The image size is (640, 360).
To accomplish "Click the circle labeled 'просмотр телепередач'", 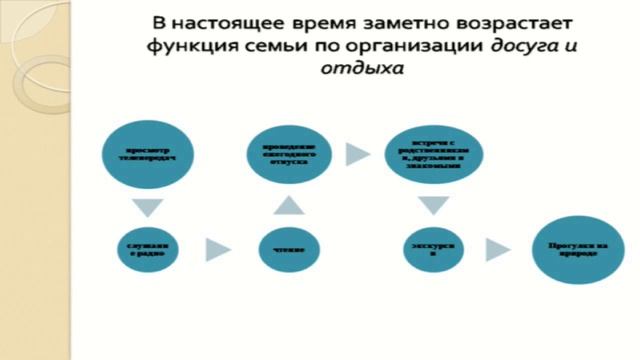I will [x=147, y=157].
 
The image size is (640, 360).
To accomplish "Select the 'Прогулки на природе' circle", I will [x=566, y=248].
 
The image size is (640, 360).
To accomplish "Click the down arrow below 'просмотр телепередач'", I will [x=148, y=207].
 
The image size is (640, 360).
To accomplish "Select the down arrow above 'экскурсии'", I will [x=429, y=206].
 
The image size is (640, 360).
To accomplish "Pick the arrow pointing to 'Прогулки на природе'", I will [x=495, y=248].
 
